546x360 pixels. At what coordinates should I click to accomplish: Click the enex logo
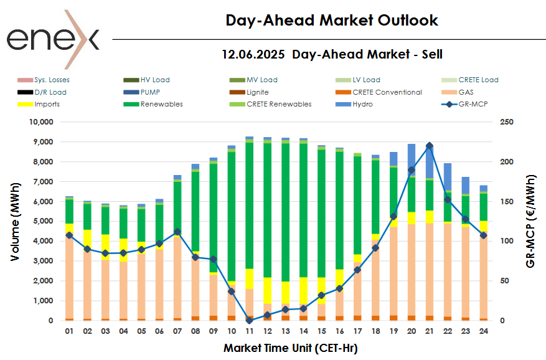(x=53, y=39)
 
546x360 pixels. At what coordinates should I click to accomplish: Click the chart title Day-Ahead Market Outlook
(x=331, y=21)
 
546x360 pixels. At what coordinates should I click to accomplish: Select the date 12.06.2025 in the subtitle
(x=253, y=54)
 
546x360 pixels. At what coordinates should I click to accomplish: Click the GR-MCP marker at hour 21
(x=430, y=146)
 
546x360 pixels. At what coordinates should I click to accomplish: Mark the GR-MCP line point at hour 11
(x=249, y=320)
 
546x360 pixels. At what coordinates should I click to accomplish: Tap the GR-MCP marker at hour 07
(x=177, y=232)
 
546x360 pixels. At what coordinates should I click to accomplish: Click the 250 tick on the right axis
(x=506, y=122)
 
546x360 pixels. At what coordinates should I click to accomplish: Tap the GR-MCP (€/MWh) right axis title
(x=530, y=221)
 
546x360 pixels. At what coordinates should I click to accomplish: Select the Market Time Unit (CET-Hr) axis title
(x=291, y=348)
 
